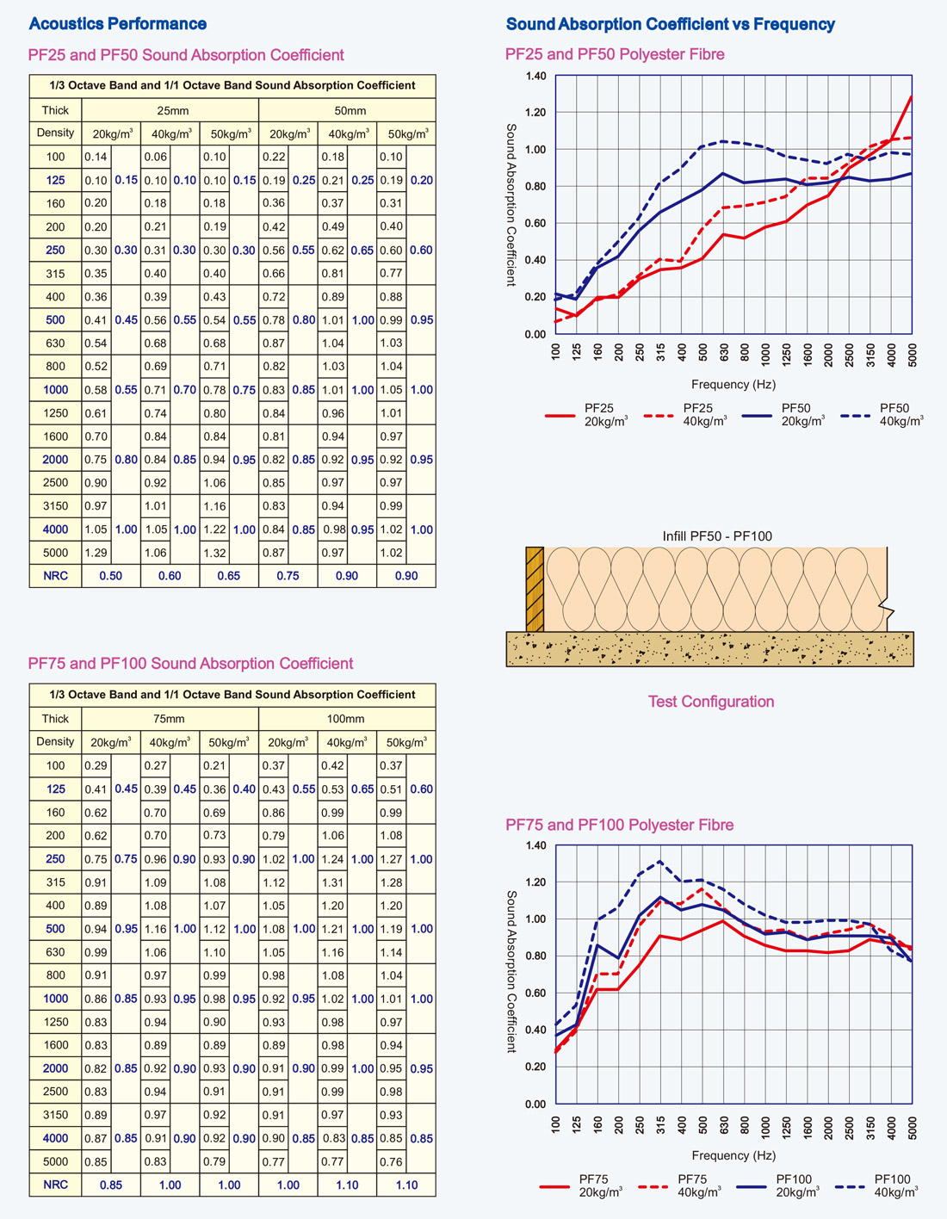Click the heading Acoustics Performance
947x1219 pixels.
point(117,24)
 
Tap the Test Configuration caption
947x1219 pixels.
point(710,702)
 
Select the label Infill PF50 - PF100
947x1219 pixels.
point(716,536)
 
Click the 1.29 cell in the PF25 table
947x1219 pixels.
point(96,553)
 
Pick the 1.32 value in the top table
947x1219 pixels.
point(214,553)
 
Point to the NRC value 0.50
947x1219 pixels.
point(111,576)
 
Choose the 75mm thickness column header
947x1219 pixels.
point(170,719)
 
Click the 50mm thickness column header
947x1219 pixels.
point(347,110)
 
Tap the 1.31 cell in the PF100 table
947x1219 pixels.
point(332,882)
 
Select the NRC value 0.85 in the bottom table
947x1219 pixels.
point(111,1185)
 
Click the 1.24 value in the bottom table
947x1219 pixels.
point(332,859)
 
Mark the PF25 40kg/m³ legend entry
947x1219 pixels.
point(684,415)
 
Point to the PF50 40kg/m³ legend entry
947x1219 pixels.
point(881,415)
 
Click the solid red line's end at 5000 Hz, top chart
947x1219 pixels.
point(912,96)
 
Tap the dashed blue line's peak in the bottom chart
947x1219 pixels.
point(659,861)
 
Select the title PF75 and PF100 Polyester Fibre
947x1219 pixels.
point(619,825)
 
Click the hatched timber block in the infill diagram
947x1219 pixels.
point(535,589)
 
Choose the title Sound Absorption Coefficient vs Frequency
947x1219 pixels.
point(670,24)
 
